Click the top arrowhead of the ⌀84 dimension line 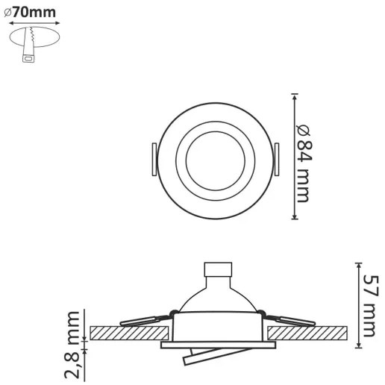point(295,98)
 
